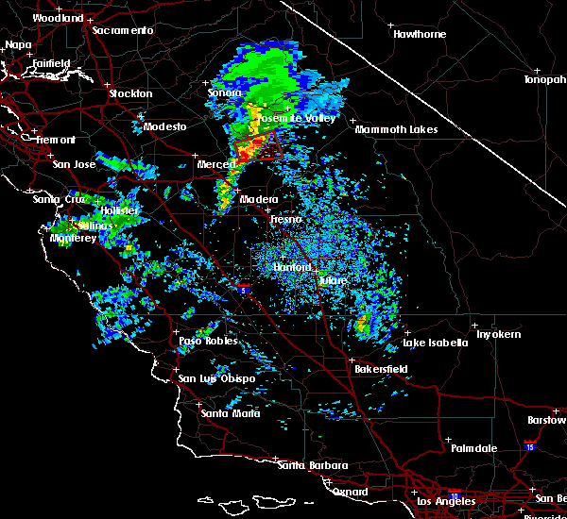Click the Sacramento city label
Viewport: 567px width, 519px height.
tap(123, 30)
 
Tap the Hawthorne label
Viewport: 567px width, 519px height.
tap(419, 34)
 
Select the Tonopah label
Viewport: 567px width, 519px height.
tap(544, 80)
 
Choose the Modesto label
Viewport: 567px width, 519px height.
tap(164, 126)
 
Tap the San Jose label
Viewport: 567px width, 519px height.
tap(75, 164)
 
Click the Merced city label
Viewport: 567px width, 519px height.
tap(216, 164)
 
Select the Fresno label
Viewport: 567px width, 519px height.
tap(285, 219)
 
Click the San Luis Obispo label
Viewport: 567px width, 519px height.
tap(216, 378)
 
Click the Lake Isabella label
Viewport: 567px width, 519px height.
tap(435, 343)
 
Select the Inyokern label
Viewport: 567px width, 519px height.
tap(499, 335)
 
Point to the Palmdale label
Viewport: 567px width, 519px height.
tap(472, 448)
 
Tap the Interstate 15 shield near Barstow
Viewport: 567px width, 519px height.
tap(529, 443)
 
